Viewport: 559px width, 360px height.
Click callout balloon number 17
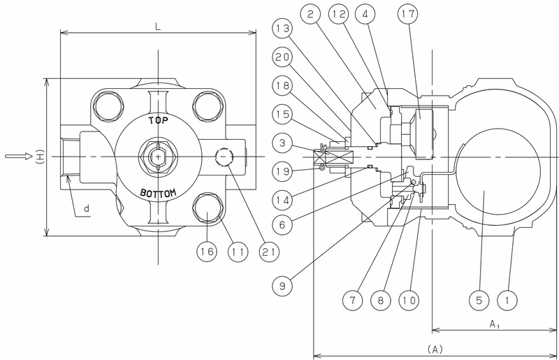coord(408,14)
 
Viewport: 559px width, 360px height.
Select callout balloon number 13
coord(283,28)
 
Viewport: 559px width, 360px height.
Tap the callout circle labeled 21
coord(269,252)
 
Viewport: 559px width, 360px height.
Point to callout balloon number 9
coord(282,286)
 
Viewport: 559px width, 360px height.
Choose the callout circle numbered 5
coord(479,300)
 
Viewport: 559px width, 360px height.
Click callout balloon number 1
coord(507,300)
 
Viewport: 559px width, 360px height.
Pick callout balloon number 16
coord(207,252)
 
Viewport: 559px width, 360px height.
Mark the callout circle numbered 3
coord(283,143)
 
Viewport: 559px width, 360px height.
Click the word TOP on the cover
coord(158,121)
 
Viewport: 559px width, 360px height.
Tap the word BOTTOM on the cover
coord(158,194)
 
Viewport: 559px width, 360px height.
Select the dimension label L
coord(158,27)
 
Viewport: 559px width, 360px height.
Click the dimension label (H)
coord(40,157)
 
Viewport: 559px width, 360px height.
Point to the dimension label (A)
coord(435,349)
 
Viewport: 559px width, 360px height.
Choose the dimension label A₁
coord(494,324)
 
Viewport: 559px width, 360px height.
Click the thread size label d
coord(87,209)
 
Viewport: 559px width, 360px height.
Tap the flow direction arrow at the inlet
coord(19,157)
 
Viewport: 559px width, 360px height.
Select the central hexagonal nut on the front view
coord(158,157)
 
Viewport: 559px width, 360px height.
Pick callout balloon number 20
coord(283,57)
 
